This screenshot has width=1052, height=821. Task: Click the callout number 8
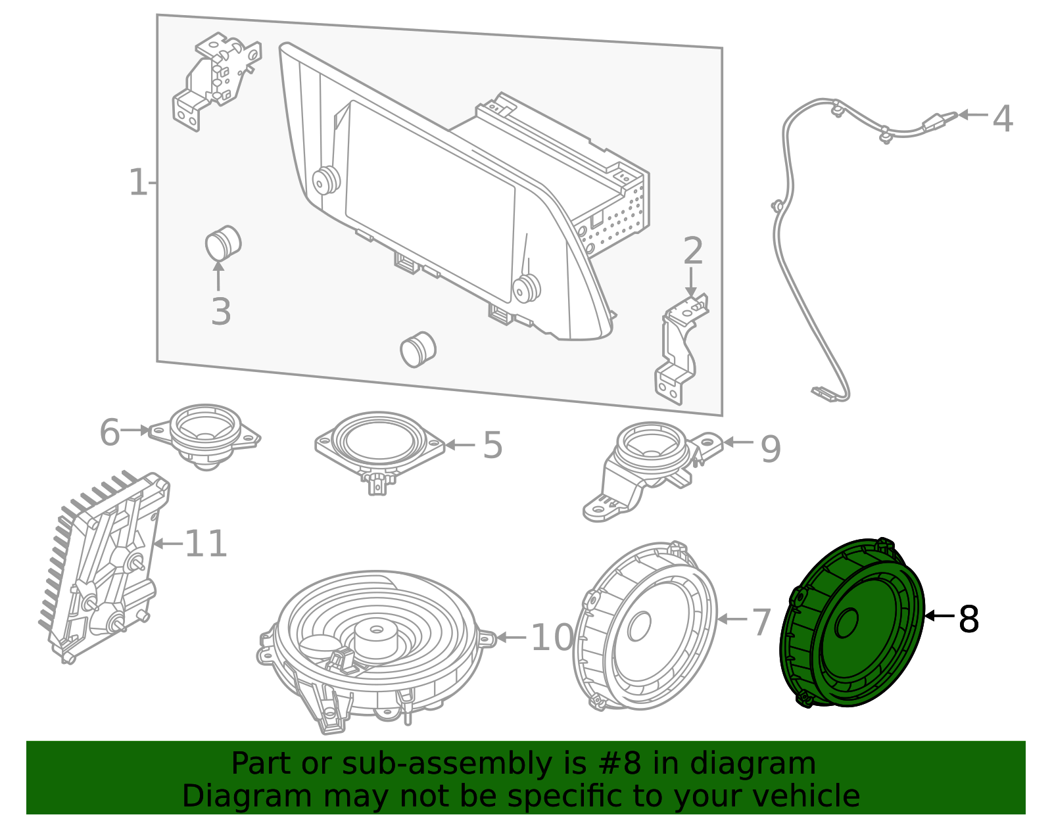point(968,619)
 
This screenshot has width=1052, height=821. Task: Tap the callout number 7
point(761,622)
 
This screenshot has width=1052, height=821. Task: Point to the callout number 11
point(206,544)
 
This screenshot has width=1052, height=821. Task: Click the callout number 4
point(1002,119)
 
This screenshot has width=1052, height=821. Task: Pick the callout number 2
point(693,252)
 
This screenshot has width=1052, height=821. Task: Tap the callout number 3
point(221,312)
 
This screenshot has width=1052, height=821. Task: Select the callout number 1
point(138,183)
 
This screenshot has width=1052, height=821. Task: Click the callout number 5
point(492,446)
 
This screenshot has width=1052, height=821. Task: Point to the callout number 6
point(110,433)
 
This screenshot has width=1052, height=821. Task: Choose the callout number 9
point(770,450)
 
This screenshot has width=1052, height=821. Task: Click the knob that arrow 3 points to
point(223,243)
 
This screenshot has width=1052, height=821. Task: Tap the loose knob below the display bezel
point(418,350)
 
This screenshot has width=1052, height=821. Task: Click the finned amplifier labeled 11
point(105,565)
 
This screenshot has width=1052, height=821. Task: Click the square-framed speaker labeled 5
point(379,444)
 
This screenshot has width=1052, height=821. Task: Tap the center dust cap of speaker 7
point(638,626)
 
